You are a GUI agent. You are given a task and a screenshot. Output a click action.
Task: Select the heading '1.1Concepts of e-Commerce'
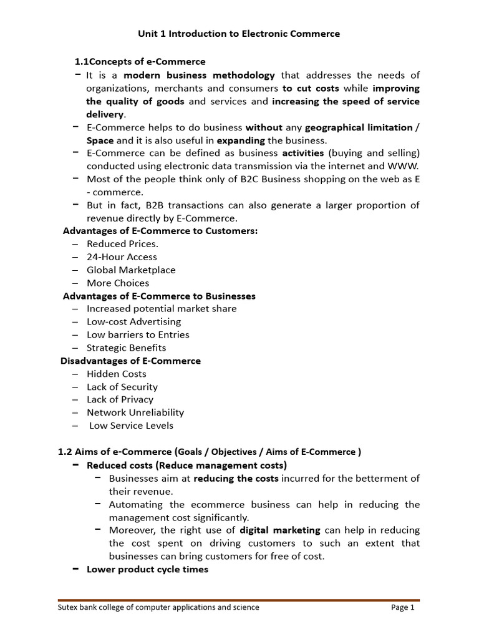pos(140,62)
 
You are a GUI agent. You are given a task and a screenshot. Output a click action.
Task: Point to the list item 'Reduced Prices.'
pos(122,244)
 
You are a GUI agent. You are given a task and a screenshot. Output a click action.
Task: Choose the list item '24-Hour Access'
pos(122,257)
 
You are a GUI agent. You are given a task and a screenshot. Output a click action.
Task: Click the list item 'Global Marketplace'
pos(131,270)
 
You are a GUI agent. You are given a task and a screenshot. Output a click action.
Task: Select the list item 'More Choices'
pos(118,283)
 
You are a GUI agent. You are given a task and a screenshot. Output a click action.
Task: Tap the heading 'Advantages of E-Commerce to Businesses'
pos(159,296)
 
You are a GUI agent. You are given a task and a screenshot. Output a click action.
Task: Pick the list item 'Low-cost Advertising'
pos(133,321)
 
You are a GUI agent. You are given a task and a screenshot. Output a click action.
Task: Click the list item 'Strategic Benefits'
pos(126,348)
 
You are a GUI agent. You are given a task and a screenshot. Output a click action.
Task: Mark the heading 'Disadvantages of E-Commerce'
pos(130,361)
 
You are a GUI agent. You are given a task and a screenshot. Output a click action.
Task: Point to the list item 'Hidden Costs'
pos(116,374)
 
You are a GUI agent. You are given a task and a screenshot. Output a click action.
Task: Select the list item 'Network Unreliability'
pos(135,412)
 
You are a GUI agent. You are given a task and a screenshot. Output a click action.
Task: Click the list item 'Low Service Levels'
pos(131,426)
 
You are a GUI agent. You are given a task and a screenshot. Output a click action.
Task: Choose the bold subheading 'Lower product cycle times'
pos(147,569)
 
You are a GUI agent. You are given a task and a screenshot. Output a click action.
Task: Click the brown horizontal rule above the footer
pos(239,600)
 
